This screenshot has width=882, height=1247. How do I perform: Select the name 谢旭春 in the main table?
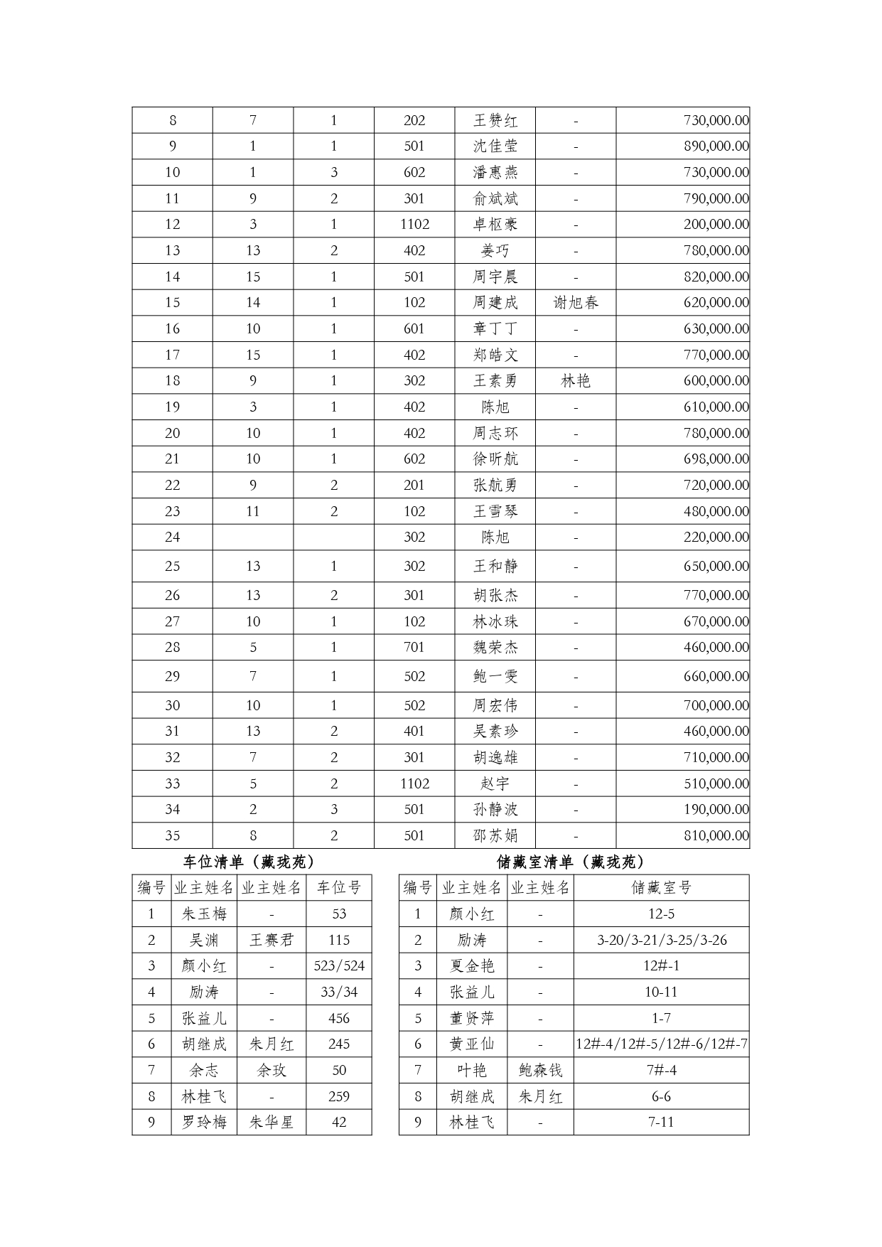coord(576,303)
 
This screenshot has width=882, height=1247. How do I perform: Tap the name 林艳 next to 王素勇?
coord(576,381)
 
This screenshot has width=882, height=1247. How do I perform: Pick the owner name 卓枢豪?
coord(495,225)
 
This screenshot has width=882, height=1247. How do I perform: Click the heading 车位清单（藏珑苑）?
coord(249,862)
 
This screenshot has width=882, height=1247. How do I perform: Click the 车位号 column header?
coord(339,888)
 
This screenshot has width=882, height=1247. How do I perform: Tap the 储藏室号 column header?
coord(661,888)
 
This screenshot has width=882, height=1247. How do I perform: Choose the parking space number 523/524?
coord(339,966)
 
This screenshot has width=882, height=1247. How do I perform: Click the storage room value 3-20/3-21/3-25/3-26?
coord(661,940)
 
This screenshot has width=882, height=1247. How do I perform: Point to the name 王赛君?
coord(271,940)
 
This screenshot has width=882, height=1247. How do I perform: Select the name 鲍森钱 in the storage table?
coord(540,1070)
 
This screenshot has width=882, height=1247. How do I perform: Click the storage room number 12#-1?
coord(661,966)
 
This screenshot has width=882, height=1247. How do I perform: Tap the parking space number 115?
coord(339,940)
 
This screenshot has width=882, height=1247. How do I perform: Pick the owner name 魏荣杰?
coord(495,648)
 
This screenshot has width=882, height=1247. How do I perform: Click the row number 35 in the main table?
coord(173,836)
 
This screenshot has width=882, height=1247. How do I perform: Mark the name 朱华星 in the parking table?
coord(271,1123)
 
